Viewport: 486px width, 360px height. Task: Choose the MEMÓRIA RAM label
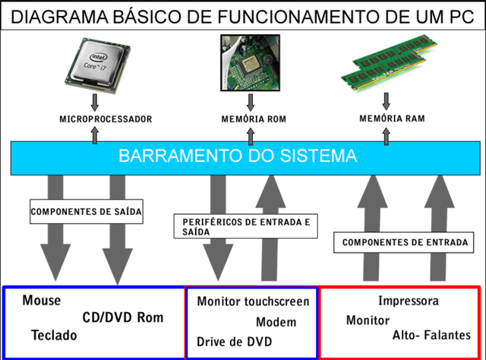pos(391,118)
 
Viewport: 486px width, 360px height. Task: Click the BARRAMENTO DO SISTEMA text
pos(238,157)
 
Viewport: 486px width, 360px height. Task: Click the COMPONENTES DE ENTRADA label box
pos(404,243)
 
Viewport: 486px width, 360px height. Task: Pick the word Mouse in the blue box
pos(42,301)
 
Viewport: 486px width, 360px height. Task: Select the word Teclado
pos(55,335)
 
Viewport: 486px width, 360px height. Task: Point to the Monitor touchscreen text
pos(253,302)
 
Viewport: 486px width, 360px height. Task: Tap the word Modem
pos(276,322)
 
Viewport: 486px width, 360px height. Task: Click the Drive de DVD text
pos(235,341)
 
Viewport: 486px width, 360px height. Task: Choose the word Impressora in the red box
pos(408,302)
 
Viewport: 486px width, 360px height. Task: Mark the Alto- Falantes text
pos(431,335)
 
